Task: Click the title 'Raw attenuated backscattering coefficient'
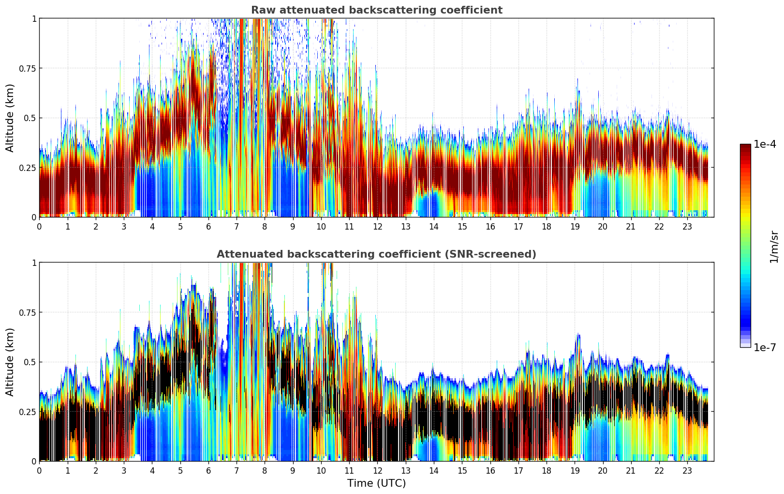tap(376, 10)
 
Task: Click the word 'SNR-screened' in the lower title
tap(499, 254)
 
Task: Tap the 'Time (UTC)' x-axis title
tap(376, 483)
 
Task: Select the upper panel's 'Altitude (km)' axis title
tap(10, 118)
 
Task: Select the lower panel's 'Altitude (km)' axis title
tap(10, 362)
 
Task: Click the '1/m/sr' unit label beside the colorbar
tap(774, 247)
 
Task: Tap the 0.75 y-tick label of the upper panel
tap(27, 68)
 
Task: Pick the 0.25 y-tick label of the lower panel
tap(27, 412)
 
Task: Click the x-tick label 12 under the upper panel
tap(377, 226)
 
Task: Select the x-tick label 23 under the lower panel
tap(687, 470)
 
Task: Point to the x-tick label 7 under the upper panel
tap(237, 226)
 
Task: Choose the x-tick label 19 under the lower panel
tap(575, 470)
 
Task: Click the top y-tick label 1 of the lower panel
tap(34, 262)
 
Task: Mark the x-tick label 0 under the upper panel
tap(39, 226)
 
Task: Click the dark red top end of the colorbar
tap(745, 146)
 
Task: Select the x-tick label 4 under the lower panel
tap(152, 470)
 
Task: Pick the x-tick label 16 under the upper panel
tap(490, 226)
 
